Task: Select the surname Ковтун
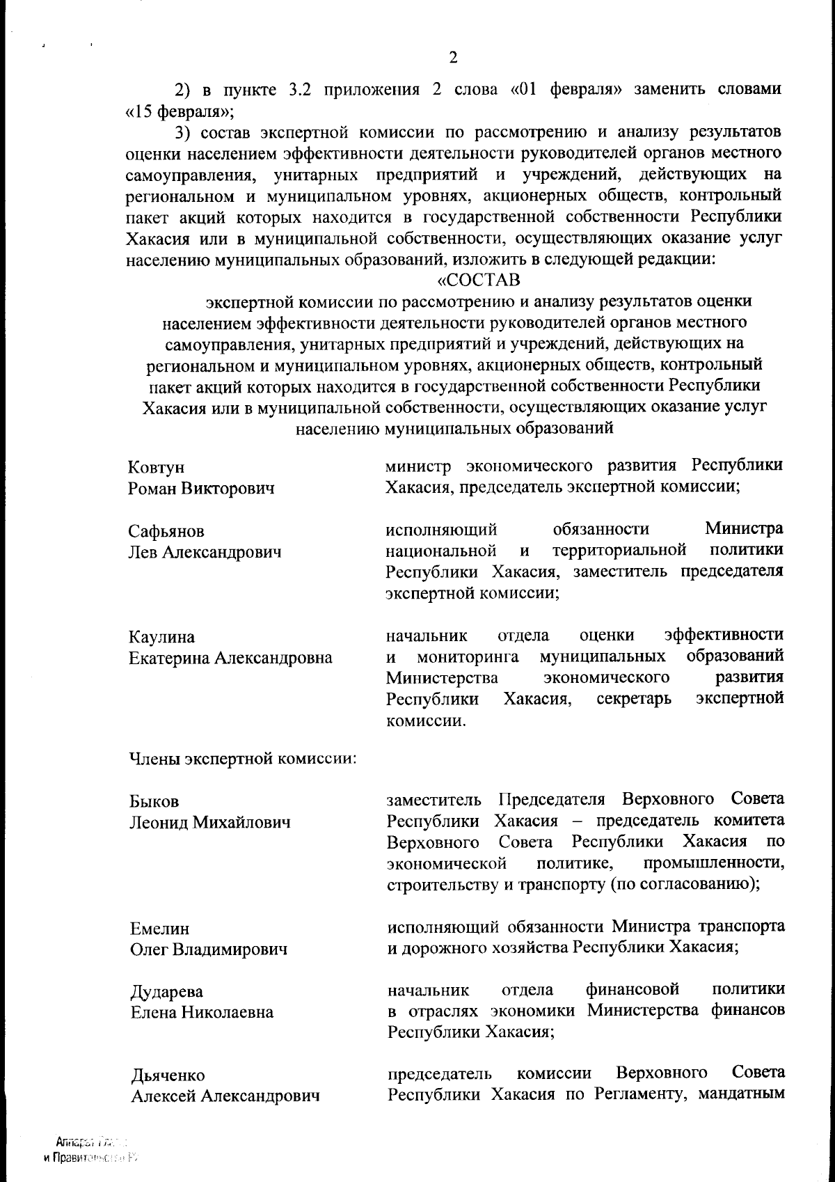coord(157,467)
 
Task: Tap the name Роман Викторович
coord(201,488)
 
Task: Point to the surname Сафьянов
coord(166,532)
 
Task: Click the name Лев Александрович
coord(205,553)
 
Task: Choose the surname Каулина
coord(161,638)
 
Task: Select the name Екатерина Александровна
coord(230,658)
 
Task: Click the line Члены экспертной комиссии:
coord(243,758)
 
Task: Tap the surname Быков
coord(154,802)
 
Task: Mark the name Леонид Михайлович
coord(209,823)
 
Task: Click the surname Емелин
coord(160,929)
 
